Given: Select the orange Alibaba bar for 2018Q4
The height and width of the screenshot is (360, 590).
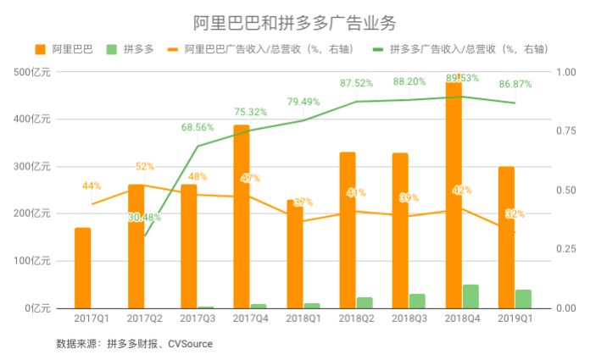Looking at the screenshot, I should (x=454, y=195).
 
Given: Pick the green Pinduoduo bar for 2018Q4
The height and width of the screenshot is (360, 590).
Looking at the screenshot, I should (x=470, y=296).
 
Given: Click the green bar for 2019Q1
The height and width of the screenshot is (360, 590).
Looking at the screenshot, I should (x=523, y=299).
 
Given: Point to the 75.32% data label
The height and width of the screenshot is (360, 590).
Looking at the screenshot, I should (x=250, y=112).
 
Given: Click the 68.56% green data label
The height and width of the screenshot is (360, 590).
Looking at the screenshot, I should (x=198, y=127).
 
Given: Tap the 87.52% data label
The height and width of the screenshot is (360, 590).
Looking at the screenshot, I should (x=357, y=83).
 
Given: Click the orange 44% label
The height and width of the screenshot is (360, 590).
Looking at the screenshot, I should (x=92, y=186).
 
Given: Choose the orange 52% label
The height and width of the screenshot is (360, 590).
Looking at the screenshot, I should (x=144, y=166).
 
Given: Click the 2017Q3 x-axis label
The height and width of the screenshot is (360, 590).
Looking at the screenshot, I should (x=198, y=320).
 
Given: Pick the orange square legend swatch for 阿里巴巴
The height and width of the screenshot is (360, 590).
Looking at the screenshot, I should (x=41, y=50).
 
